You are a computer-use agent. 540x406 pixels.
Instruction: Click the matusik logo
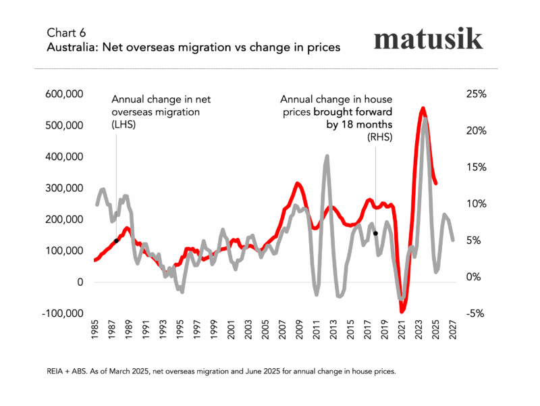point(429,39)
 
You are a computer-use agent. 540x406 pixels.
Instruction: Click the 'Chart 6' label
point(67,32)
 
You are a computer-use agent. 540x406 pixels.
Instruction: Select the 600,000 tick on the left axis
point(65,94)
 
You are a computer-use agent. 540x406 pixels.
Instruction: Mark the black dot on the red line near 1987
point(116,240)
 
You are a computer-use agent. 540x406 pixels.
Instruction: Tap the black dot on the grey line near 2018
point(375,233)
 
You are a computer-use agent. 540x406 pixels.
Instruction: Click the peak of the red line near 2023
point(423,108)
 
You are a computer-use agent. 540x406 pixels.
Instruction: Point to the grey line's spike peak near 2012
point(327,156)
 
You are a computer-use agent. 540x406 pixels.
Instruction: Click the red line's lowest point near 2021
point(402,311)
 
